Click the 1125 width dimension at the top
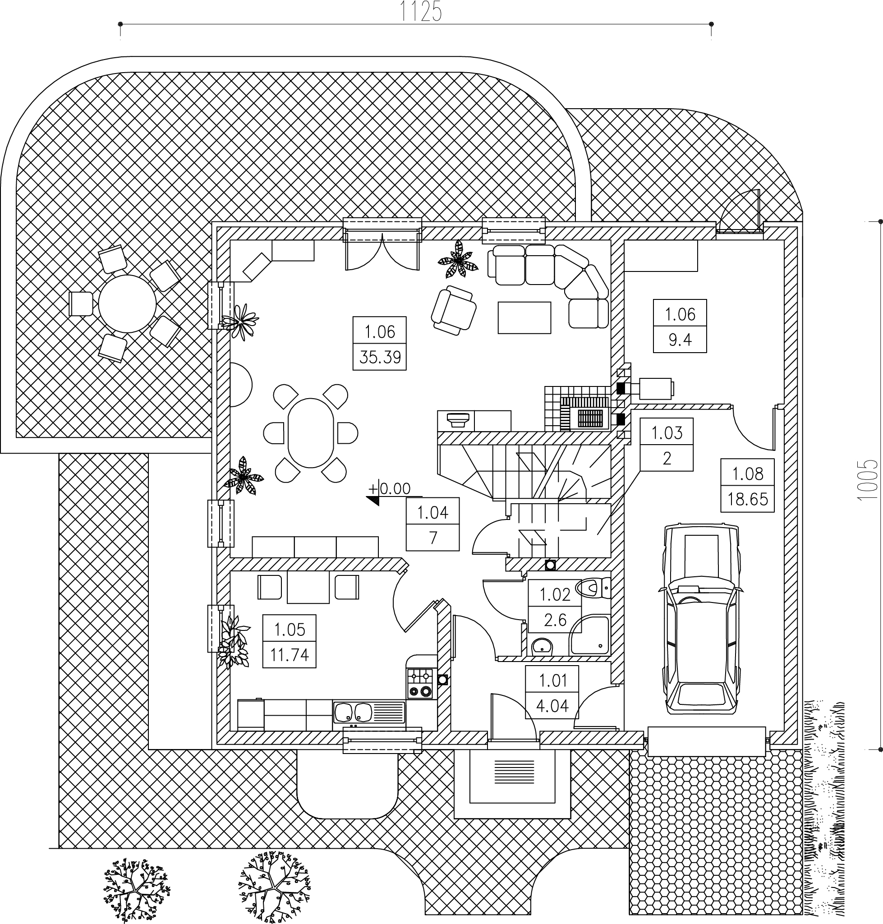421,12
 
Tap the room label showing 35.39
380,343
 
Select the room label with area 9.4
680,326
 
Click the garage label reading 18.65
747,485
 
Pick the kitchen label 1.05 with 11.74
290,642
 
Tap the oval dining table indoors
311,433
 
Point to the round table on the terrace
127,304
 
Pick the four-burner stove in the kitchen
420,684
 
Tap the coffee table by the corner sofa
524,318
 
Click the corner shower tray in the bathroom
589,637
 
